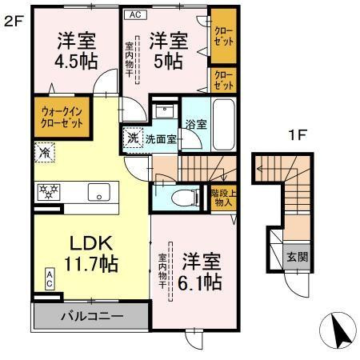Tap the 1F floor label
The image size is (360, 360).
click(x=298, y=135)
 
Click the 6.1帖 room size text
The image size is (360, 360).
click(x=198, y=272)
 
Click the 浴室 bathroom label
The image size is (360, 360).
click(x=196, y=125)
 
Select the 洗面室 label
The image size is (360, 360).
click(x=159, y=138)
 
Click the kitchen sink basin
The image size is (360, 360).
click(x=100, y=191)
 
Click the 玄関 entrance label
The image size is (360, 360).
click(x=296, y=257)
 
